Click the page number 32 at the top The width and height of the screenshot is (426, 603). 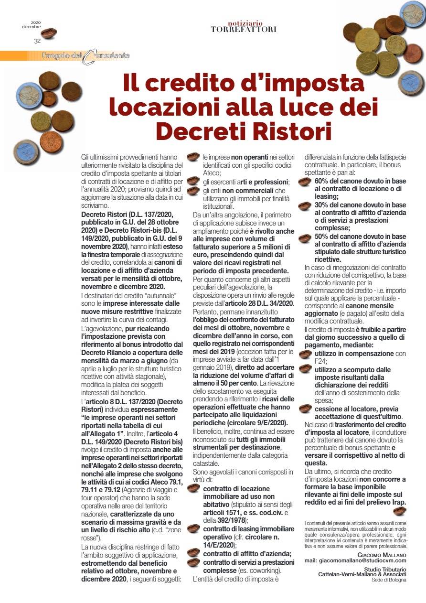37,42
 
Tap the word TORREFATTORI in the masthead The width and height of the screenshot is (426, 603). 244,30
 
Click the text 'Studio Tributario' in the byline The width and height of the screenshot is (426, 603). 385,569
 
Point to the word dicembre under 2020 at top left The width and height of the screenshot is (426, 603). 31,26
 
